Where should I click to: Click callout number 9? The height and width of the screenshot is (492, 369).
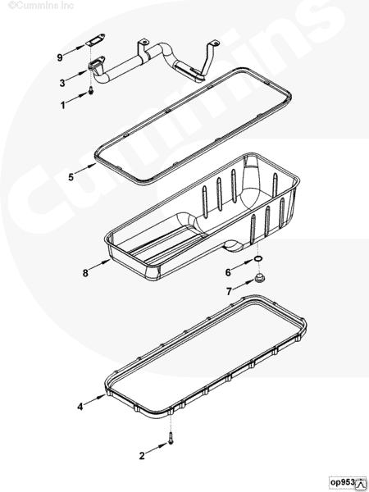pyautogui.click(x=60, y=57)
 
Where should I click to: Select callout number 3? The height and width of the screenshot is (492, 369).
pyautogui.click(x=62, y=83)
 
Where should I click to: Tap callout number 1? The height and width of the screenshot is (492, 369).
pyautogui.click(x=63, y=105)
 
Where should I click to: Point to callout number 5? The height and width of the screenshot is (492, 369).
pyautogui.click(x=71, y=177)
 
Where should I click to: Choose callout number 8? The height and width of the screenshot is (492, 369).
pyautogui.click(x=85, y=273)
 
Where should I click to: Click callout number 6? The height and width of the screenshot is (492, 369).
pyautogui.click(x=228, y=272)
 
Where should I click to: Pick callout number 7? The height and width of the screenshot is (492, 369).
pyautogui.click(x=229, y=292)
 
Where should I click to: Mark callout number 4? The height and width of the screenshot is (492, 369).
pyautogui.click(x=80, y=407)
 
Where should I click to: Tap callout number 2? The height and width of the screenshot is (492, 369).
pyautogui.click(x=142, y=456)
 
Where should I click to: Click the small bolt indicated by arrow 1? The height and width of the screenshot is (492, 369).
pyautogui.click(x=91, y=91)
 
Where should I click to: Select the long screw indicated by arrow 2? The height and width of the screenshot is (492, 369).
pyautogui.click(x=171, y=438)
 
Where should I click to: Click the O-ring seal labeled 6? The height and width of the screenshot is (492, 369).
pyautogui.click(x=258, y=259)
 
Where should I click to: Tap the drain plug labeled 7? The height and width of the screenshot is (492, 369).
pyautogui.click(x=258, y=278)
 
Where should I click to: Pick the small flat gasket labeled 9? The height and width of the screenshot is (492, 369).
pyautogui.click(x=95, y=40)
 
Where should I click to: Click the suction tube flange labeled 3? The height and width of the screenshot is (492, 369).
pyautogui.click(x=96, y=63)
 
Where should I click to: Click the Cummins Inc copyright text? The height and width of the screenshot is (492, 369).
pyautogui.click(x=41, y=6)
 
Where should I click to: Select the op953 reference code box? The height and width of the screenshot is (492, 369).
pyautogui.click(x=348, y=482)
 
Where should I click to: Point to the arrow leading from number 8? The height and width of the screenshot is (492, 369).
pyautogui.click(x=100, y=265)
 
